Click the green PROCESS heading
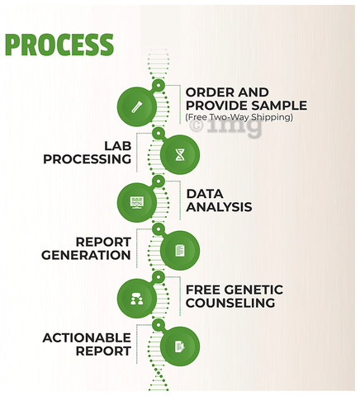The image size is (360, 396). click(x=59, y=45)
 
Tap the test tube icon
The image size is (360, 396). click(x=137, y=106)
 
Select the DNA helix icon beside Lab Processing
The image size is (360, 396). click(x=180, y=154)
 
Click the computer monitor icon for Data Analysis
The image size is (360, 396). click(x=137, y=202)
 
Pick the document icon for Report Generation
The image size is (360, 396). click(x=180, y=251)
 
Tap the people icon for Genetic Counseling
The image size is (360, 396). click(x=137, y=299)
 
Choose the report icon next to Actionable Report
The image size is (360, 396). click(x=180, y=346)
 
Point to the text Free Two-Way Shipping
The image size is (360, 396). click(x=239, y=117)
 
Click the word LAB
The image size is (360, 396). click(x=118, y=146)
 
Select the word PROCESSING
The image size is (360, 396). click(x=88, y=159)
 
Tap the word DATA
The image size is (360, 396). click(x=205, y=194)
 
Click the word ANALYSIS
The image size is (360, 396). click(x=219, y=207)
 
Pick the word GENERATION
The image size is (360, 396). click(x=86, y=255)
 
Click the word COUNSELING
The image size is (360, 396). click(x=230, y=303)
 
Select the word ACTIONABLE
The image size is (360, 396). click(x=87, y=338)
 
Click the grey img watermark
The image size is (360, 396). click(x=234, y=127)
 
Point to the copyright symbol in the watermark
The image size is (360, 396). click(x=197, y=126)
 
